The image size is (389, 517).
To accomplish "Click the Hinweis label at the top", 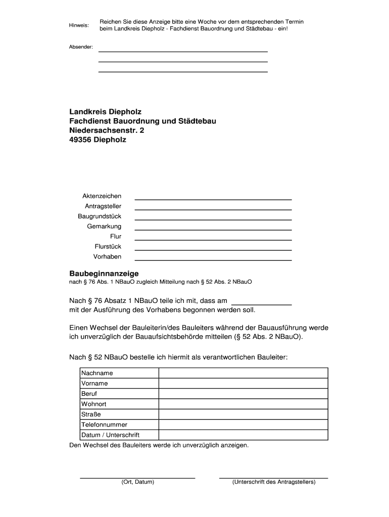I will coord(78,25).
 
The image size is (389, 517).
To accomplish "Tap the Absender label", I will coord(81,47).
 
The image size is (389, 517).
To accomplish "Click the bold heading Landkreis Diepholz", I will coord(106,111).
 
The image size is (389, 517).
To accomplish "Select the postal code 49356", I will coord(80,140).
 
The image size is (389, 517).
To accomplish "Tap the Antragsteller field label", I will coord(103,206).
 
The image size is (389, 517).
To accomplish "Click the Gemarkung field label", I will coord(104,226).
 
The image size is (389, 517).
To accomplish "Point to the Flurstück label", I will coord(108,246).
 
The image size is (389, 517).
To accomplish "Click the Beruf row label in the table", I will coord(89,393).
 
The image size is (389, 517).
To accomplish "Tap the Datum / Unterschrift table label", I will coord(110,435).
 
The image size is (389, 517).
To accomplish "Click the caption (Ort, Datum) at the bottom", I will coord(137,482).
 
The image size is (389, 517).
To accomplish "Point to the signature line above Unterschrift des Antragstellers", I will coord(273,477).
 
